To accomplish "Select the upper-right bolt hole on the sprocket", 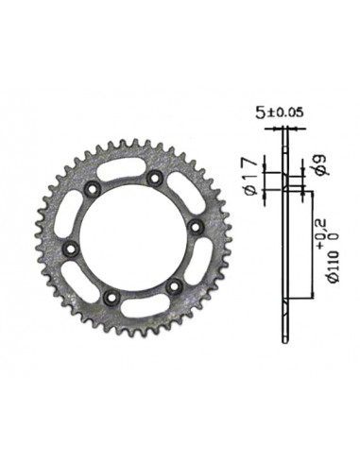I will [x=153, y=178].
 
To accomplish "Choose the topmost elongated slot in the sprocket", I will [x=123, y=171].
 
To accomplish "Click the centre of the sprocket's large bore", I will [x=132, y=238].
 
